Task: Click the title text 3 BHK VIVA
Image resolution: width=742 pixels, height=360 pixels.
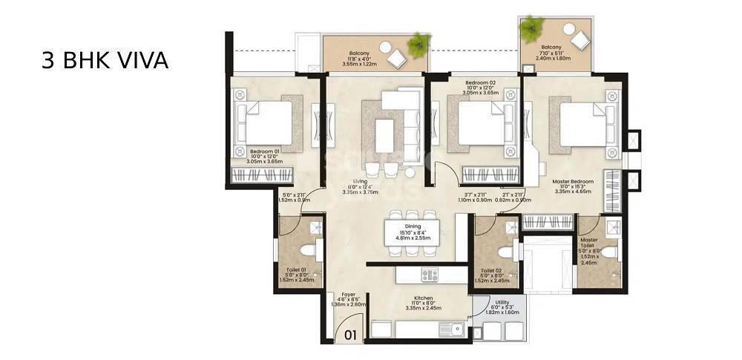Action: [x=105, y=59]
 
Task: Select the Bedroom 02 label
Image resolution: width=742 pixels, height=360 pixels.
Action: [x=480, y=82]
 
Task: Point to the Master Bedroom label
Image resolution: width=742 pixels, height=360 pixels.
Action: [x=572, y=181]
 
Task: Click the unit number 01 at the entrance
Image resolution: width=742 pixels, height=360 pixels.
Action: [x=350, y=335]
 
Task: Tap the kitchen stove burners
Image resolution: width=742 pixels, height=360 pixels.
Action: [x=430, y=275]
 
